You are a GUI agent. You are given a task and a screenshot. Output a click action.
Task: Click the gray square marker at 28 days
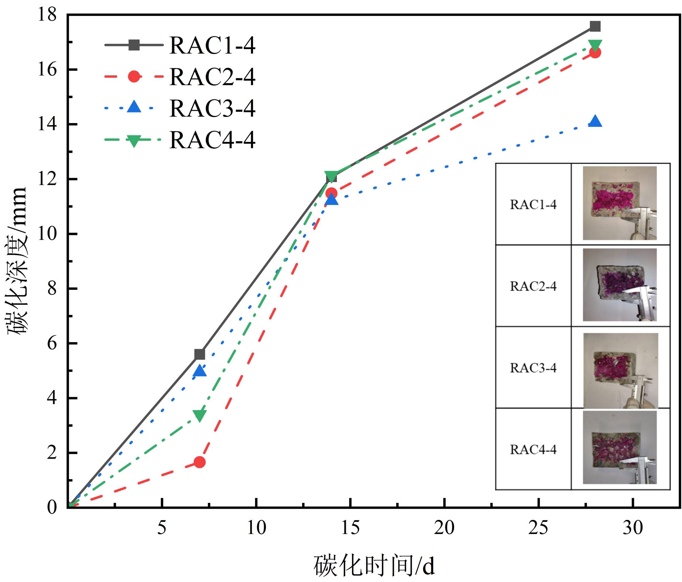[595, 26]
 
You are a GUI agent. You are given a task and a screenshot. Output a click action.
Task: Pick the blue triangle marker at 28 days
[595, 122]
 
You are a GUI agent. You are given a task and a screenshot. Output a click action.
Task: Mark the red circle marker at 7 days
[199, 462]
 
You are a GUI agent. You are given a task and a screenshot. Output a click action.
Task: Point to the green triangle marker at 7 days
[199, 415]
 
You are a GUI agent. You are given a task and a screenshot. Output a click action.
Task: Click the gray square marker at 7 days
[199, 355]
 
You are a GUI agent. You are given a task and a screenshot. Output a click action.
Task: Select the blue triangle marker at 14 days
[331, 199]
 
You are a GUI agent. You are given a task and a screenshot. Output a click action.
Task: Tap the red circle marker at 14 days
[331, 193]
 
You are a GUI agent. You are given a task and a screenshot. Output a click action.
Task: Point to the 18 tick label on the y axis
[47, 15]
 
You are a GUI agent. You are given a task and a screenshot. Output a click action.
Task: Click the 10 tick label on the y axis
[47, 234]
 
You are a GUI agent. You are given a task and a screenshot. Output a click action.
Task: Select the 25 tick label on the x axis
[538, 528]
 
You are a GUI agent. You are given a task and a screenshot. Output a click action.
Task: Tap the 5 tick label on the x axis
[162, 528]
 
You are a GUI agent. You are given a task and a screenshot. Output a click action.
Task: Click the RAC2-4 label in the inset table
[533, 286]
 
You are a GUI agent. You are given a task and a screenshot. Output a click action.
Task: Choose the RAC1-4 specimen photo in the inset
[620, 203]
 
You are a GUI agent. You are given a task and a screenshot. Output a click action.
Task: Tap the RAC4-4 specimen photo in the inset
[620, 447]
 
